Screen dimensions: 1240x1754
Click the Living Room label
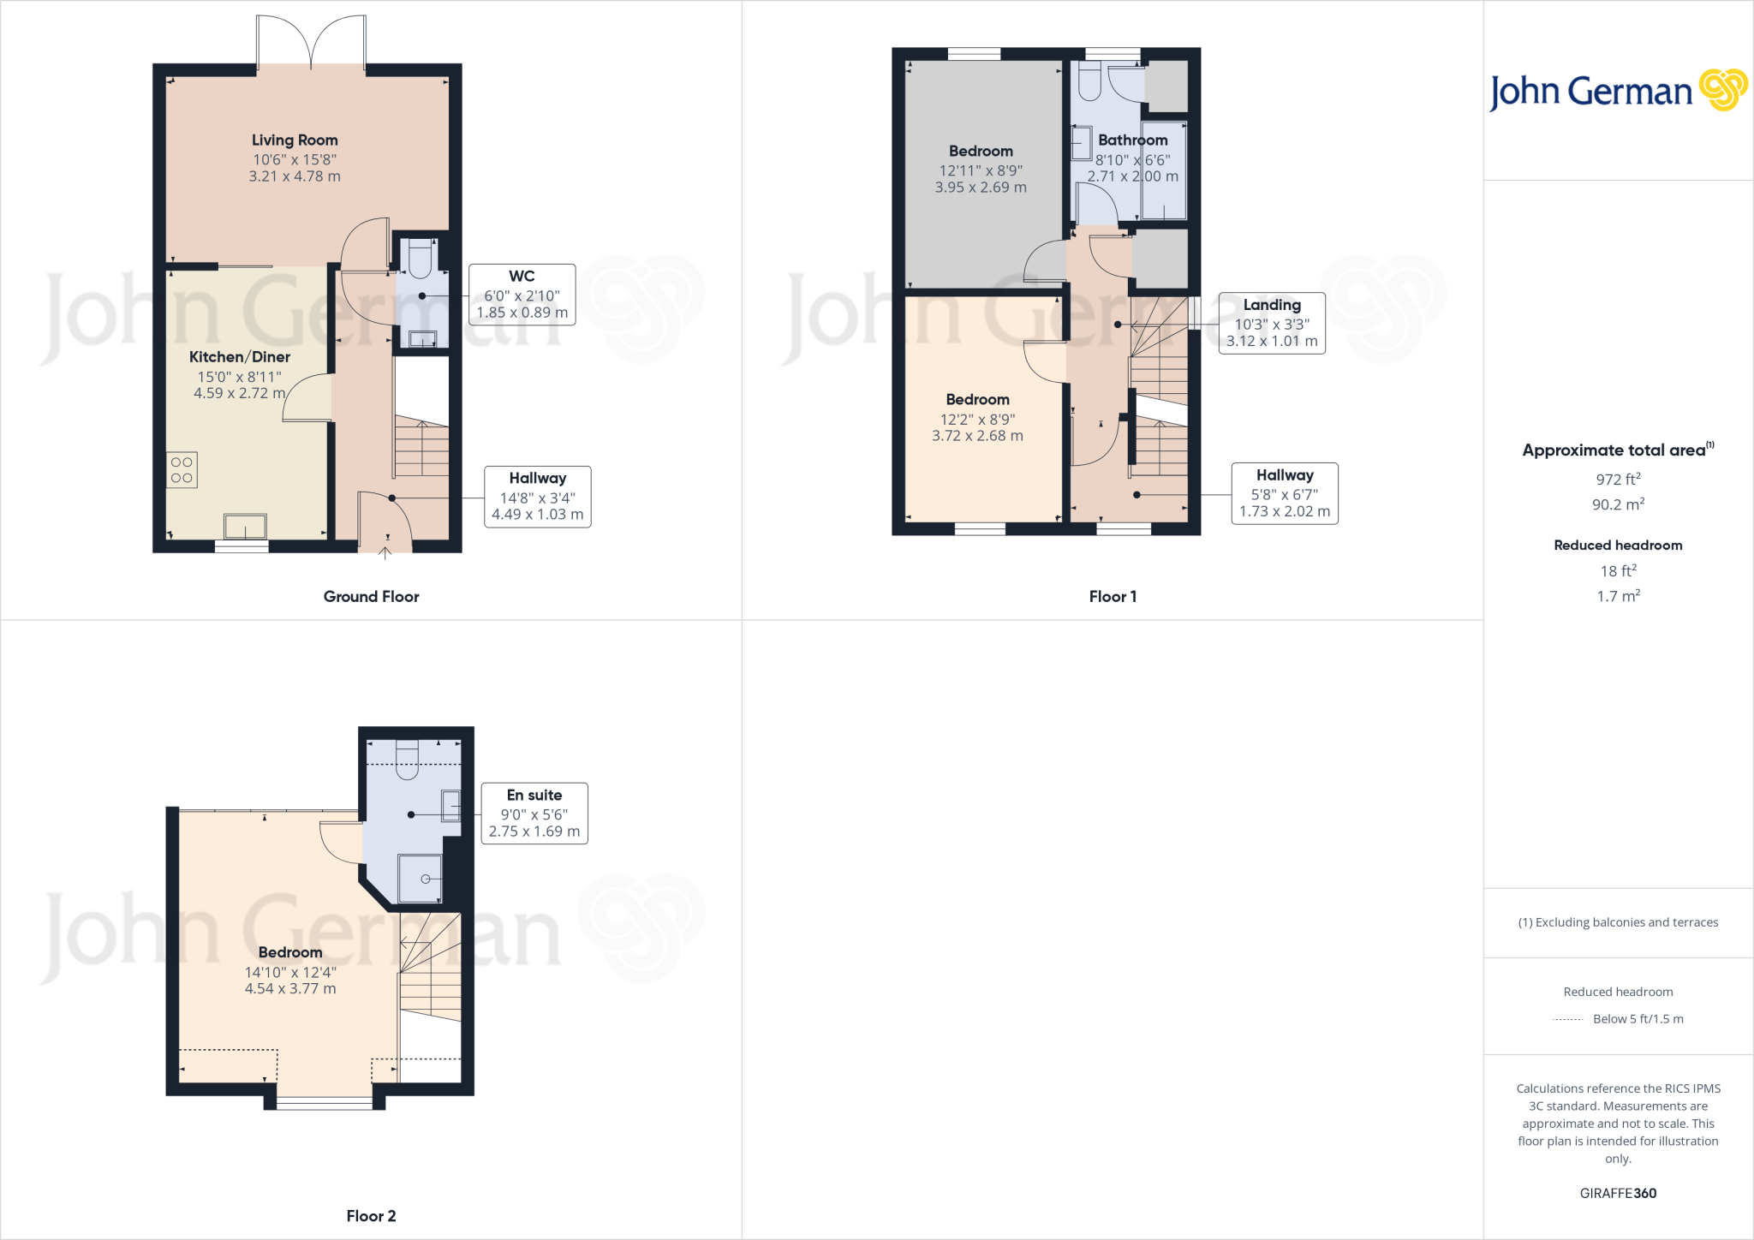point(295,140)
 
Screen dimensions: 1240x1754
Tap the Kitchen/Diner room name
point(240,357)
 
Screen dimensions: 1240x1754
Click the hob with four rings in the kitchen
point(182,470)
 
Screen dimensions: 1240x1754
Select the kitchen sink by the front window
point(245,526)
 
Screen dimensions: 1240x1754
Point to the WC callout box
point(522,295)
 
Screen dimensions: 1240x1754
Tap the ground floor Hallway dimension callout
point(537,497)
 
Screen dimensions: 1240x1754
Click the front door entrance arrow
point(385,553)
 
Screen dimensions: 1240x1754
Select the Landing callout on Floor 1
point(1271,323)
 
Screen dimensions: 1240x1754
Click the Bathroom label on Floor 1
point(1132,140)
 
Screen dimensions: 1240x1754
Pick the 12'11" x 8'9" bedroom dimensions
point(981,170)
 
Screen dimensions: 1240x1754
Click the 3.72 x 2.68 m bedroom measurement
point(977,436)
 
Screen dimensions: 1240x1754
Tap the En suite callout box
point(534,814)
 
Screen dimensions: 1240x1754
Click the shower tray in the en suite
point(421,879)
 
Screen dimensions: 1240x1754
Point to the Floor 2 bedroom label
point(290,952)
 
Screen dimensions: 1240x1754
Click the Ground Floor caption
point(371,597)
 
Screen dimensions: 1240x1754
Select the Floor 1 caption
point(1113,597)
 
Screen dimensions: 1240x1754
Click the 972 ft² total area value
point(1618,480)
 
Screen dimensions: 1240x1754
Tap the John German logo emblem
point(1723,90)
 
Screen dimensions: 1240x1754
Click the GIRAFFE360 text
point(1618,1193)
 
